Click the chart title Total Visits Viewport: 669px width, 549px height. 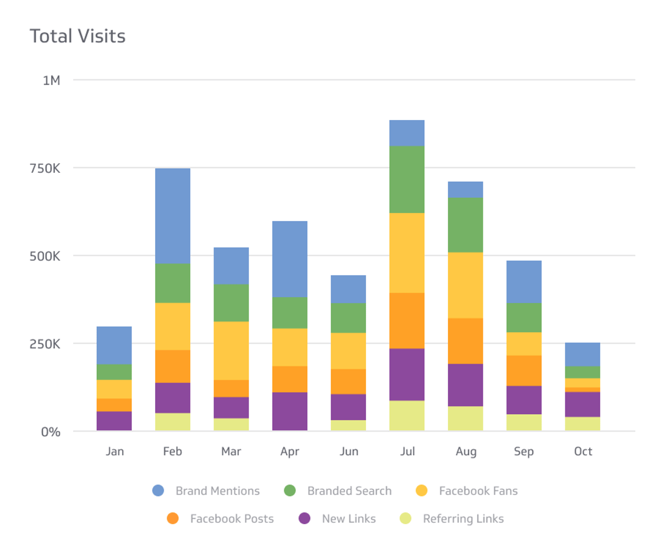(x=77, y=36)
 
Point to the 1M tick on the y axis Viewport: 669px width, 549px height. (x=51, y=80)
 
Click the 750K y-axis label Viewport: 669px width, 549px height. (x=45, y=168)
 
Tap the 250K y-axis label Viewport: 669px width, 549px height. (x=45, y=344)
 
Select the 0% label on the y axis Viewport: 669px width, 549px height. (x=50, y=432)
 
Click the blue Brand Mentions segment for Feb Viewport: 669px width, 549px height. (x=173, y=216)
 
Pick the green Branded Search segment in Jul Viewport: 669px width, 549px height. (x=407, y=179)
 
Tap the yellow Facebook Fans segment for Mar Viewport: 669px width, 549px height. (x=231, y=350)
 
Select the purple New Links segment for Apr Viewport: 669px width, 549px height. (x=290, y=411)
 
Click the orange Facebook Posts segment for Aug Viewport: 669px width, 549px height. (x=465, y=341)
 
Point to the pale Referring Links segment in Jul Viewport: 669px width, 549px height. (x=407, y=415)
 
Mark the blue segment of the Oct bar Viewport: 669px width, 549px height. (x=583, y=354)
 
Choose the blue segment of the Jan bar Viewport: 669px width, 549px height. (x=114, y=345)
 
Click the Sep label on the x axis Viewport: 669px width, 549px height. (x=524, y=451)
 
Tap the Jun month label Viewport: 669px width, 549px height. (x=349, y=451)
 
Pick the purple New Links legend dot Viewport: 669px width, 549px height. (x=305, y=518)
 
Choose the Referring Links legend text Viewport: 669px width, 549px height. (x=463, y=518)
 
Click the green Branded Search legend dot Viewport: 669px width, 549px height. (x=290, y=491)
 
